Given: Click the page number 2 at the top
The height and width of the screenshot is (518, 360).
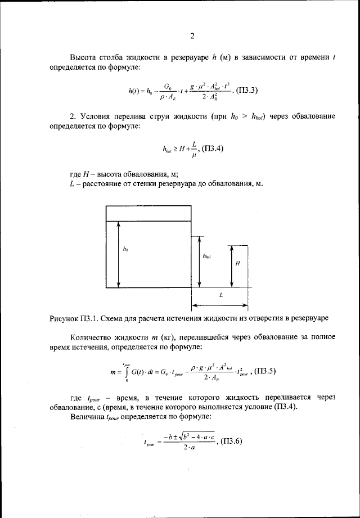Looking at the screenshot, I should pyautogui.click(x=192, y=37).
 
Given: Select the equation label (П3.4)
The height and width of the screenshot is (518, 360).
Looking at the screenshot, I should pyautogui.click(x=217, y=149).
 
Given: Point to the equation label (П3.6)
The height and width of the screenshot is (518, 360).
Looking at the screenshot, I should pyautogui.click(x=230, y=440).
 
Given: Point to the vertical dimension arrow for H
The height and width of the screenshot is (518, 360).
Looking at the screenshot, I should pyautogui.click(x=230, y=265).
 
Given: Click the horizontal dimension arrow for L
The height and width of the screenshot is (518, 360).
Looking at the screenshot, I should pyautogui.click(x=221, y=306).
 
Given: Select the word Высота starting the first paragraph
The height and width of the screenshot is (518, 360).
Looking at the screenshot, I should pyautogui.click(x=84, y=57).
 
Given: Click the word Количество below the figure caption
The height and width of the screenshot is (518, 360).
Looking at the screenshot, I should pyautogui.click(x=94, y=337).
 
